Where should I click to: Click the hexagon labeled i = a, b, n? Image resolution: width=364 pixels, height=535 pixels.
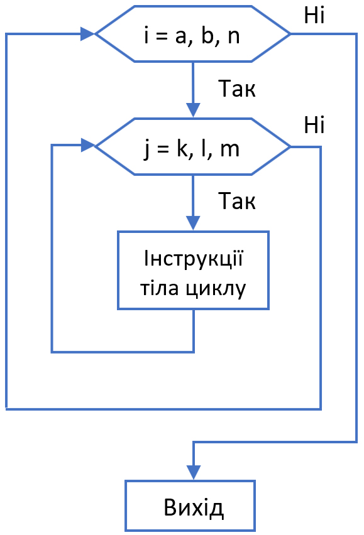pyautogui.click(x=192, y=34)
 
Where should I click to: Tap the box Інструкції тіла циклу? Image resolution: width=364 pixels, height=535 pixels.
pyautogui.click(x=193, y=270)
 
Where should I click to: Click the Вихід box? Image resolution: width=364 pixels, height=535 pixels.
pyautogui.click(x=190, y=505)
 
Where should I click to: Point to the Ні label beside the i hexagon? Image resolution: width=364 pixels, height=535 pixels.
pyautogui.click(x=314, y=15)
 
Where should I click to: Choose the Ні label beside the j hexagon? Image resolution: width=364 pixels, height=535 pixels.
pyautogui.click(x=314, y=125)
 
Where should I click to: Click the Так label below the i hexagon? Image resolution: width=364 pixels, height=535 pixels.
pyautogui.click(x=236, y=89)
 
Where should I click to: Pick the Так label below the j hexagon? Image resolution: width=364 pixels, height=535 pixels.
pyautogui.click(x=236, y=202)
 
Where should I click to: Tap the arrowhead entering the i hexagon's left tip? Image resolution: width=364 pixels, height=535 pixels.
pyautogui.click(x=87, y=34)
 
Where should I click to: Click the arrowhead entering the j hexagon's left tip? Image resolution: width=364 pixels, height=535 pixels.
pyautogui.click(x=87, y=146)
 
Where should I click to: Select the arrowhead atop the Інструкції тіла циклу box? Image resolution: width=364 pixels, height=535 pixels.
pyautogui.click(x=193, y=224)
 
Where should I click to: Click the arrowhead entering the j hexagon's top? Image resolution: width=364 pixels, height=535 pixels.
pyautogui.click(x=193, y=111)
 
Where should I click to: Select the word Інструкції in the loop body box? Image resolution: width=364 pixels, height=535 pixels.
pyautogui.click(x=193, y=259)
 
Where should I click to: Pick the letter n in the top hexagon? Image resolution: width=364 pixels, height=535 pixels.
pyautogui.click(x=233, y=37)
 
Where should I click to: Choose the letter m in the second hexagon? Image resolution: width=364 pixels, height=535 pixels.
pyautogui.click(x=229, y=151)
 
